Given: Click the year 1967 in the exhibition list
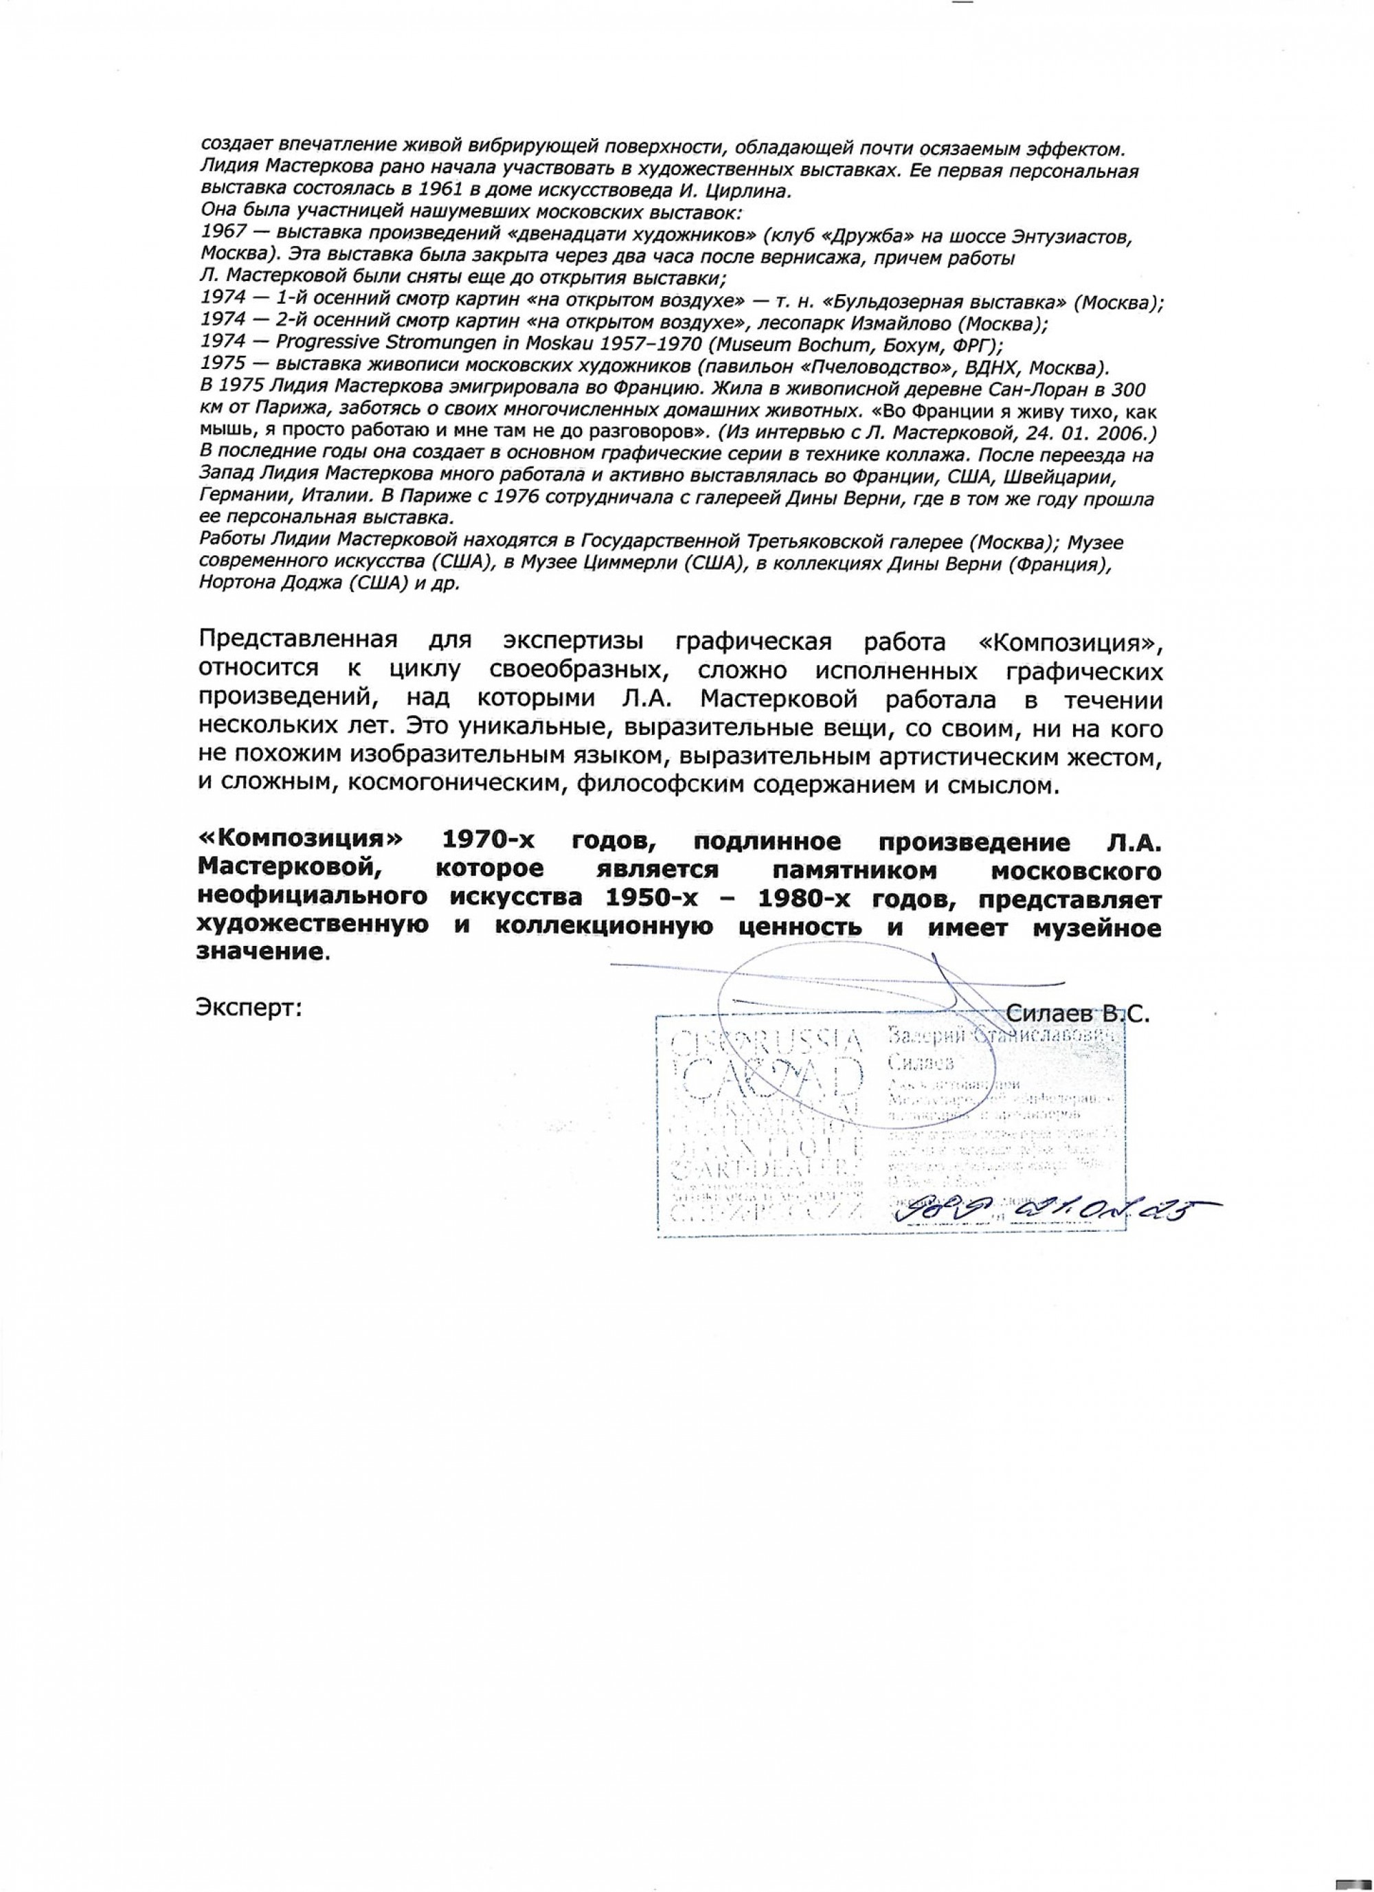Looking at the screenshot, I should pos(218,237).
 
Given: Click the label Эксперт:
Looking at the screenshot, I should pos(249,1009).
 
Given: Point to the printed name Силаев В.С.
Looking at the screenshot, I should pos(1079,1015).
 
